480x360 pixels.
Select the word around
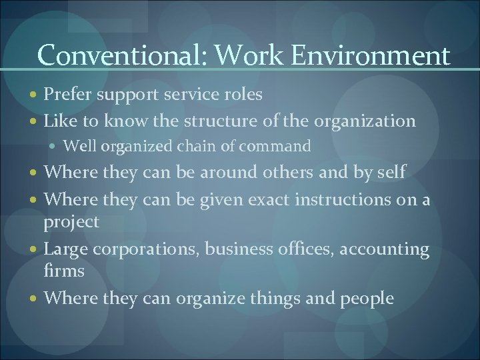tap(218, 172)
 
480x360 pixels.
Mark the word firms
tap(64, 272)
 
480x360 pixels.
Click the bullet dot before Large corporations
tap(34, 249)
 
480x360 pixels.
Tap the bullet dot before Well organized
tap(59, 145)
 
